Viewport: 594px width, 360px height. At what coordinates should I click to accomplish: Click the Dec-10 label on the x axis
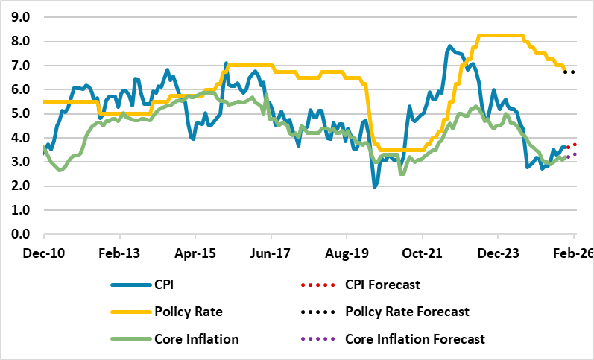[44, 253]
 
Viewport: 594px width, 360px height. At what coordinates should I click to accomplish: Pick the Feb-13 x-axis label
[120, 253]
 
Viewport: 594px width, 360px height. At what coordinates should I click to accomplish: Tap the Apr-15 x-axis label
[195, 253]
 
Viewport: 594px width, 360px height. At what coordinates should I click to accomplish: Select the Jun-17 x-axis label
[271, 253]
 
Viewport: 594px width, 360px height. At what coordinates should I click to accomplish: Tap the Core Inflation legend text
[197, 338]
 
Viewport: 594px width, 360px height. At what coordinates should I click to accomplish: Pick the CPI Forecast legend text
[383, 284]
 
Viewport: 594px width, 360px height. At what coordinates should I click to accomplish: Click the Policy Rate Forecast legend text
[408, 311]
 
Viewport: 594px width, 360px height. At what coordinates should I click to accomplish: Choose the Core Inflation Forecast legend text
[415, 338]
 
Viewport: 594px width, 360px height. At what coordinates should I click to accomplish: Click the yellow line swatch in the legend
[128, 312]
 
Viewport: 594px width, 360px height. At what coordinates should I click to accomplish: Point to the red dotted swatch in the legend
[316, 284]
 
